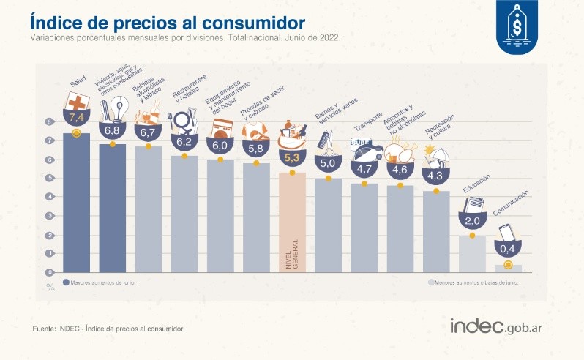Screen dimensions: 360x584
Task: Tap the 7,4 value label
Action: (77, 116)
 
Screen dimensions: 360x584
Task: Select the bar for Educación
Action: (472, 252)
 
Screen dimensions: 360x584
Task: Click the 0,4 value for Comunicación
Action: (508, 250)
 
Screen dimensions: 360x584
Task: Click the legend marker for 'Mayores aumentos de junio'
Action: (67, 282)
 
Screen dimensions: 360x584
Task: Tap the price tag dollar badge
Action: (521, 27)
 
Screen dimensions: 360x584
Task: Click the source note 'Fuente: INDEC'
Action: (108, 329)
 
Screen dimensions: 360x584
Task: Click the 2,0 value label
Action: (472, 220)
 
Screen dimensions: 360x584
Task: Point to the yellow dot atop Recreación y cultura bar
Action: (436, 192)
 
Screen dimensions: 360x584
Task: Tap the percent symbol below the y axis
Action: (50, 286)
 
